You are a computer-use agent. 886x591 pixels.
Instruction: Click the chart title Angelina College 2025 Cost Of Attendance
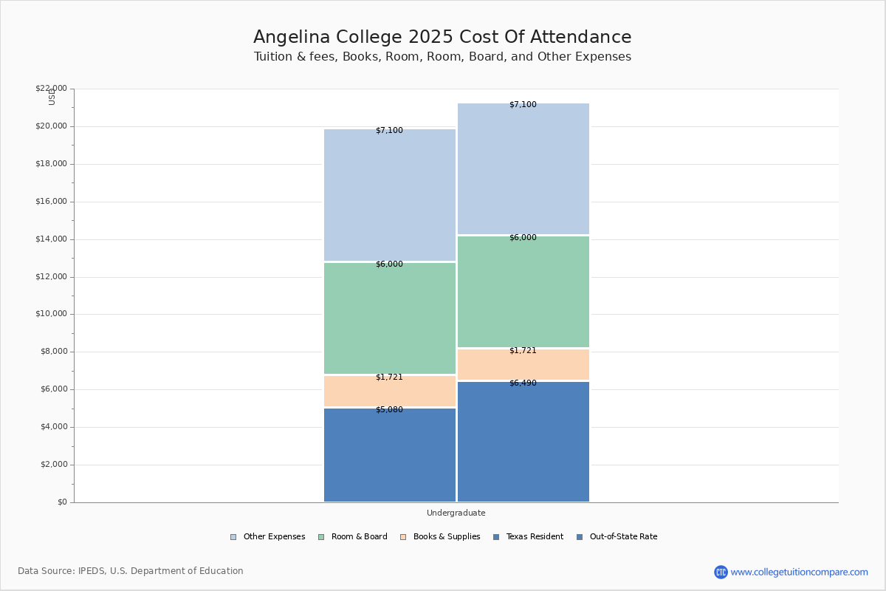442,37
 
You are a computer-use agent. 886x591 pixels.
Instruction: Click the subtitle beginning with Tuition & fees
442,57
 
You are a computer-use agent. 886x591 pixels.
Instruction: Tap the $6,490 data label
523,383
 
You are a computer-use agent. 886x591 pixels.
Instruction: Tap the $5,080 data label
389,410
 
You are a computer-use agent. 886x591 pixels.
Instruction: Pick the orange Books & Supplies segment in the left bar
390,392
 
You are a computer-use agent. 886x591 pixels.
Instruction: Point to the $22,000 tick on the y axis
51,89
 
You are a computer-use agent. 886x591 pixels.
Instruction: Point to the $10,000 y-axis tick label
51,314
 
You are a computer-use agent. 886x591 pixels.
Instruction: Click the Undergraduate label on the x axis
456,513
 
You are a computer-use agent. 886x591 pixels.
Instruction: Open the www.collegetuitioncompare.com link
799,572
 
